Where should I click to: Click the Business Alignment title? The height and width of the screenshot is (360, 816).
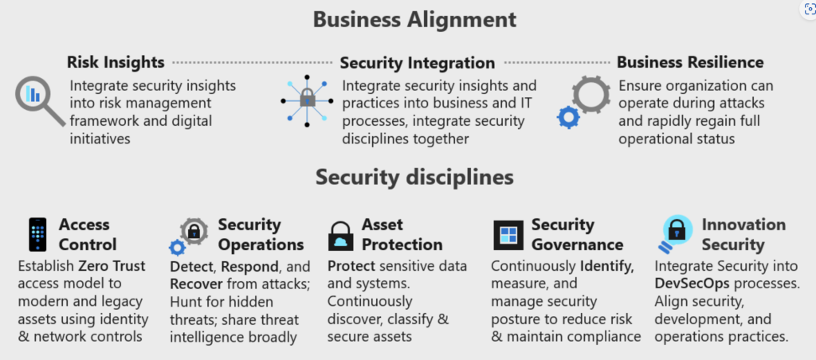(414, 20)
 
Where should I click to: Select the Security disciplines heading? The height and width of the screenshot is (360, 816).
(414, 178)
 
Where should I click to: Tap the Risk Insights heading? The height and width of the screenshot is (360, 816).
(116, 62)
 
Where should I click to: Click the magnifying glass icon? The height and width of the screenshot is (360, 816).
(40, 100)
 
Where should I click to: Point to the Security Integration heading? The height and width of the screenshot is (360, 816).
(418, 63)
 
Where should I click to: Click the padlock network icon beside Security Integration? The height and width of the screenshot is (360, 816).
(307, 100)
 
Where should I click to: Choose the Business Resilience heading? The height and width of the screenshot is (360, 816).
(690, 62)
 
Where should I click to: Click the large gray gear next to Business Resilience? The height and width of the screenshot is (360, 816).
(591, 96)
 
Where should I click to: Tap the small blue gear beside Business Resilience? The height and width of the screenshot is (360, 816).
(568, 118)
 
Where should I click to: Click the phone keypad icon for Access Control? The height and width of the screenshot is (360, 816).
(37, 235)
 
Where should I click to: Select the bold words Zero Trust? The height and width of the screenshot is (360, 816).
(112, 266)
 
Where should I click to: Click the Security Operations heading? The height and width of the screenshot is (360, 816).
(261, 235)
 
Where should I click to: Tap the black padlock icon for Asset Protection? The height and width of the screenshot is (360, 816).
(341, 236)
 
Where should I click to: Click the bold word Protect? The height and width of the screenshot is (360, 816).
(351, 266)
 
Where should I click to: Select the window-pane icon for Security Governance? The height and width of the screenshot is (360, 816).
(508, 235)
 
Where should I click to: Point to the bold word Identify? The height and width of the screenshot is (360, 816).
(606, 266)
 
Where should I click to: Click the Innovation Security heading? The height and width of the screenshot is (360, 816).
(743, 235)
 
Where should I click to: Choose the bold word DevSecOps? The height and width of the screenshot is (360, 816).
(688, 284)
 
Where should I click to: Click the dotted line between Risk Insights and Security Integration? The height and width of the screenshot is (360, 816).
(253, 62)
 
